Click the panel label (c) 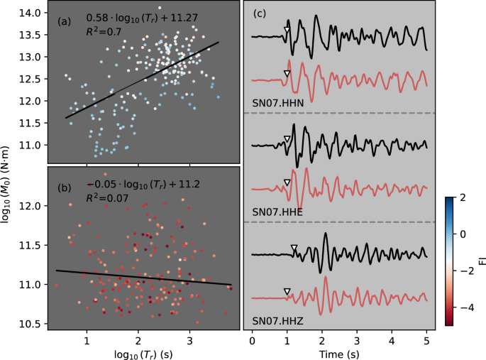(260, 13)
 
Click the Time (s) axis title (339, 352)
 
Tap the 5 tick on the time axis (426, 340)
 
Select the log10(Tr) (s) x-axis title (138, 352)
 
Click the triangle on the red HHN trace (287, 74)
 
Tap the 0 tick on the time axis (253, 340)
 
